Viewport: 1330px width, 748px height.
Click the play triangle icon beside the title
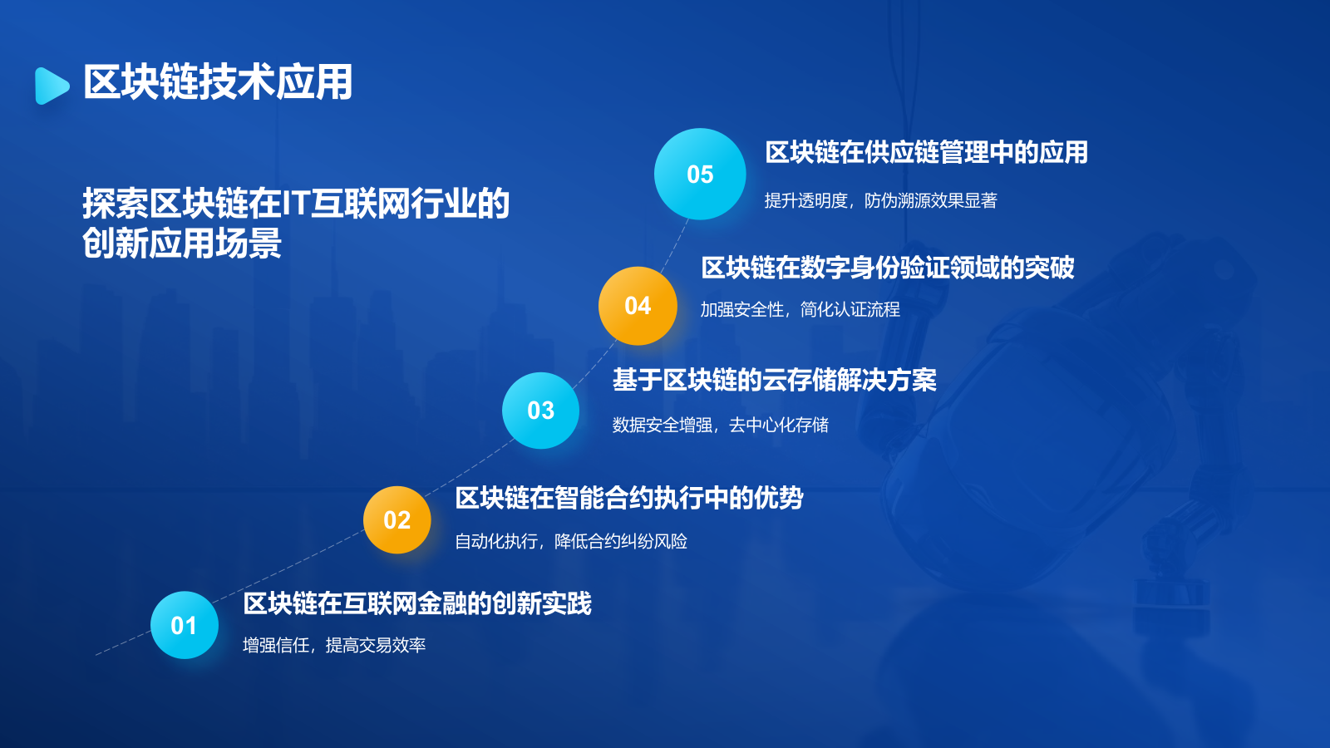tap(52, 86)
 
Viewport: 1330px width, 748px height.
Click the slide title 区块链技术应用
tap(218, 82)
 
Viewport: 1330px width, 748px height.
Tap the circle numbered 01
tap(185, 625)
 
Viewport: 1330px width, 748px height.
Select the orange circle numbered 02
tap(397, 520)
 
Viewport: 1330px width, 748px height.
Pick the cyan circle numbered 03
tap(540, 411)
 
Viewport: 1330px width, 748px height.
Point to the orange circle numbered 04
tap(638, 306)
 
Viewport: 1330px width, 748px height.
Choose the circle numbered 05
tap(700, 175)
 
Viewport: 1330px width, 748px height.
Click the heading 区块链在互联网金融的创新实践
tap(416, 603)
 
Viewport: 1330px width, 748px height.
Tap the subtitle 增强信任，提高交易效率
tap(334, 645)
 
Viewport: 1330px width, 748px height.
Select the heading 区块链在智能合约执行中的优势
tap(628, 498)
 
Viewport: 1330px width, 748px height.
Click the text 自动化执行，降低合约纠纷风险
tap(570, 541)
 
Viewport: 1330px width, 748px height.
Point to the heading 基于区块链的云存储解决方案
tap(774, 380)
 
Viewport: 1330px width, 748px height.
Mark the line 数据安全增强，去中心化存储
tap(720, 425)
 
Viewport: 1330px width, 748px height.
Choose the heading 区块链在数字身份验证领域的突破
tap(887, 268)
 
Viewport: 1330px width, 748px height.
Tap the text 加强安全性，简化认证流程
tap(800, 309)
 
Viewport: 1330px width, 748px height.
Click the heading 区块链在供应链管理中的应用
tap(926, 152)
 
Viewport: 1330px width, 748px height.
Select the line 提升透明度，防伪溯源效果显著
tap(880, 200)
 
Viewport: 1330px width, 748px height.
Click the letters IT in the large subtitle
tap(296, 204)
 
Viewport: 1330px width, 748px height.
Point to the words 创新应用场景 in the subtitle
tap(182, 244)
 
